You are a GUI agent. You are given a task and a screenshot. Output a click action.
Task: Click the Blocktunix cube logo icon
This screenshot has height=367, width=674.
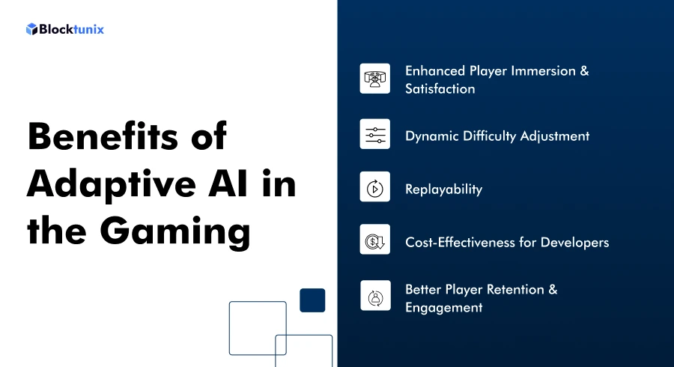[31, 29]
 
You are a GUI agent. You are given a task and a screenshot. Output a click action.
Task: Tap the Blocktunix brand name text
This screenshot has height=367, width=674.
[71, 29]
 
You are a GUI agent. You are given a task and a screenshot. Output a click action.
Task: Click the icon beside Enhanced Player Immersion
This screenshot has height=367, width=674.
[374, 79]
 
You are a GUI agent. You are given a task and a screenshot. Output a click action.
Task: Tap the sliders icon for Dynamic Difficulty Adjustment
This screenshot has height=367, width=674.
[374, 135]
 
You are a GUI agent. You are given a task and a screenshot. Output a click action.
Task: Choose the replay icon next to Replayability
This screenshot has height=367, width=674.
[374, 189]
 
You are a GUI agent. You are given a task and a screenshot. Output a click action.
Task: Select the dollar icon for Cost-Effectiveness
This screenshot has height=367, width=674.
[374, 242]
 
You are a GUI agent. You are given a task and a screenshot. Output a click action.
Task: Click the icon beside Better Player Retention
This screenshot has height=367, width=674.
[374, 297]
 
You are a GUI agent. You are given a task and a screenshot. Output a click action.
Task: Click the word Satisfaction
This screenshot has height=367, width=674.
[440, 89]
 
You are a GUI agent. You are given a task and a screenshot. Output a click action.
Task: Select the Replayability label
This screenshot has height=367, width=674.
[443, 189]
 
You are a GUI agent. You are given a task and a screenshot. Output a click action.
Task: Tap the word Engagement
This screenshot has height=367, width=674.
[444, 308]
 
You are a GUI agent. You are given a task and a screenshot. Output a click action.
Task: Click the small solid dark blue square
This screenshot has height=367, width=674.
[312, 300]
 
